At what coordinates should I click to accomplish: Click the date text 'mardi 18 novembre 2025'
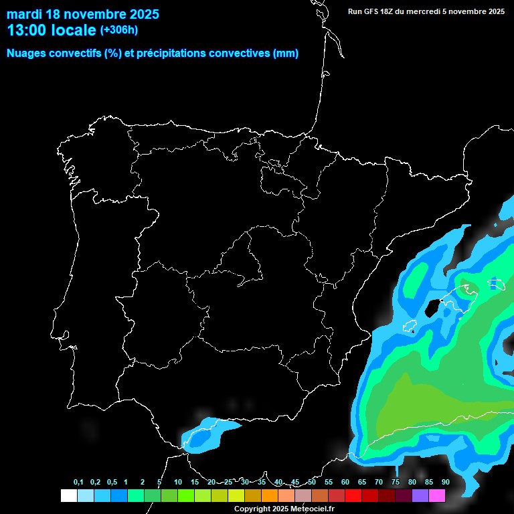83,14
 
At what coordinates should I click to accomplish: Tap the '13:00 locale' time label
52,30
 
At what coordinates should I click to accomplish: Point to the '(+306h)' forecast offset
119,30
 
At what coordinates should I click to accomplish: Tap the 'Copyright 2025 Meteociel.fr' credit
284,509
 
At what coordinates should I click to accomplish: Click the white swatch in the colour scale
68,495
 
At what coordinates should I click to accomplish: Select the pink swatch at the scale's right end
437,495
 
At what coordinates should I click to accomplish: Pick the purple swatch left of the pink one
420,495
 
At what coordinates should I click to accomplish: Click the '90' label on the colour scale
445,483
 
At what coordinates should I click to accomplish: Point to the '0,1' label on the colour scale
78,483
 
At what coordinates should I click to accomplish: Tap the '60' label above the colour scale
345,483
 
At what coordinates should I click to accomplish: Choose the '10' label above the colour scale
178,483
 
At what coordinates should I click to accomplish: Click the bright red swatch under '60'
353,495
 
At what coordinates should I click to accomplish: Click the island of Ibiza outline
410,327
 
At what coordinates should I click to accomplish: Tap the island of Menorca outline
496,284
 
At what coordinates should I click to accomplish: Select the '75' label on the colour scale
395,483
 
